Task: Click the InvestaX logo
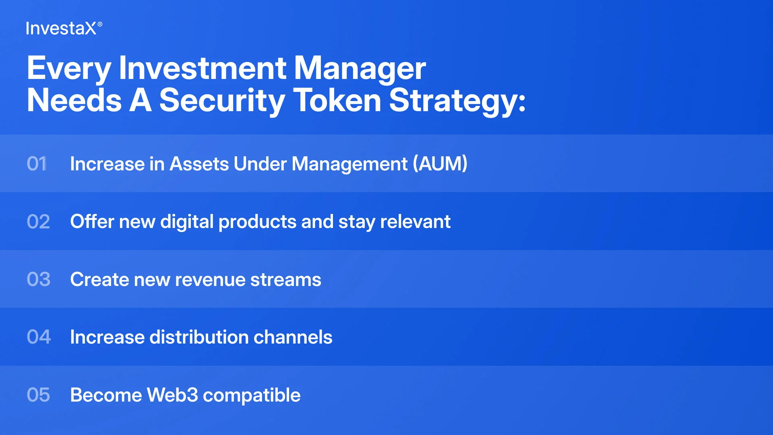(x=64, y=28)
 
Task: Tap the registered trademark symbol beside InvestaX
(x=100, y=24)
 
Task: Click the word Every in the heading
(x=69, y=69)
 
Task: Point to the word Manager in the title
(x=360, y=69)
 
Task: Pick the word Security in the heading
(x=222, y=101)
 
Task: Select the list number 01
(x=37, y=164)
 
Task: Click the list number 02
(x=38, y=222)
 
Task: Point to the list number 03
(x=39, y=279)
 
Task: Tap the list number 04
(x=39, y=337)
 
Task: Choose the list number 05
(x=38, y=395)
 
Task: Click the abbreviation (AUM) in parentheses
(x=440, y=164)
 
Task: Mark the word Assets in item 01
(x=199, y=164)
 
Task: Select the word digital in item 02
(x=187, y=222)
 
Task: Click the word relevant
(x=415, y=222)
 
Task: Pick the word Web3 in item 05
(x=172, y=395)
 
